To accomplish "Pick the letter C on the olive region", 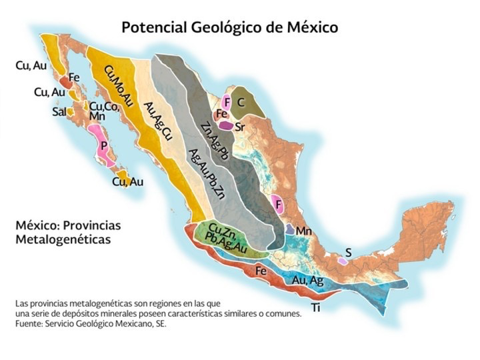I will pyautogui.click(x=242, y=101).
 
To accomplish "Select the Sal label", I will pyautogui.click(x=59, y=112).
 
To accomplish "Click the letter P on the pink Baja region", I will pyautogui.click(x=103, y=145).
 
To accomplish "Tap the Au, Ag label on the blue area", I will pyautogui.click(x=308, y=281).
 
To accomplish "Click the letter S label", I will pyautogui.click(x=347, y=252).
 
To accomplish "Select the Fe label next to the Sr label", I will pyautogui.click(x=222, y=114).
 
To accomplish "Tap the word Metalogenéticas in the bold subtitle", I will pyautogui.click(x=63, y=238).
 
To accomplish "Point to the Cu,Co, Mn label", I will pyautogui.click(x=101, y=111).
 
